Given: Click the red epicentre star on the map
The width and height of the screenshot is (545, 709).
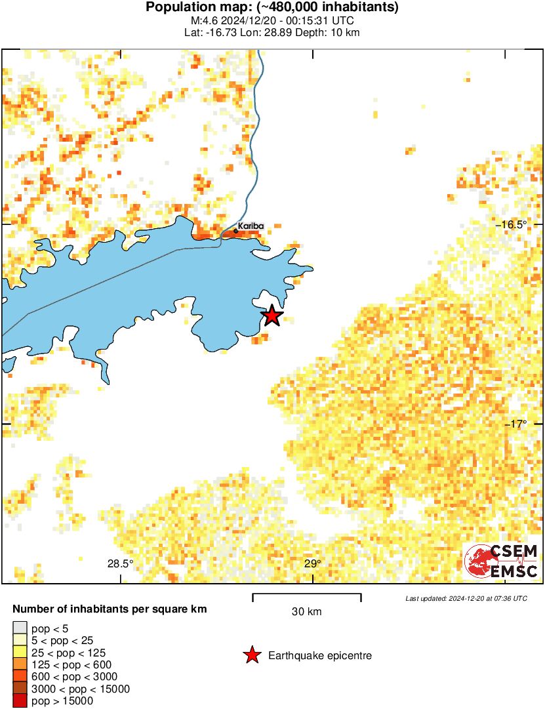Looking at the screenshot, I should pyautogui.click(x=272, y=316).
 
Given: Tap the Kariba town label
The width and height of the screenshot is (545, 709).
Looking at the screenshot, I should pyautogui.click(x=251, y=226).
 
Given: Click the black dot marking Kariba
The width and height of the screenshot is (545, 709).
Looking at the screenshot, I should pyautogui.click(x=236, y=230).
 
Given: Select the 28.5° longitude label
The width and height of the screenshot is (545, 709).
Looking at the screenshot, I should pyautogui.click(x=120, y=563).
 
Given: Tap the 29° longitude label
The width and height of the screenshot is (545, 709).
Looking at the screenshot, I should pyautogui.click(x=313, y=563).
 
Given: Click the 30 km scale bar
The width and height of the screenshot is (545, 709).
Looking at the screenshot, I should pyautogui.click(x=307, y=596).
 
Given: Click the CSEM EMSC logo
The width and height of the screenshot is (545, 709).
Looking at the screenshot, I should pyautogui.click(x=501, y=561).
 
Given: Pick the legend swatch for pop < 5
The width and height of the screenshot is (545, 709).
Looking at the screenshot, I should pyautogui.click(x=20, y=628).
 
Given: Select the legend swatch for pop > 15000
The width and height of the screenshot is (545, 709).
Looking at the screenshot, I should pyautogui.click(x=20, y=700).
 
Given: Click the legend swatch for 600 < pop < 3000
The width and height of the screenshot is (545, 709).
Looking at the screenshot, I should pyautogui.click(x=20, y=676).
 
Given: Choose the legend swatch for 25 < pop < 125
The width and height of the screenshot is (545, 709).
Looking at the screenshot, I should pyautogui.click(x=20, y=652).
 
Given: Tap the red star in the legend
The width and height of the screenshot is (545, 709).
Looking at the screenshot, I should pyautogui.click(x=251, y=655).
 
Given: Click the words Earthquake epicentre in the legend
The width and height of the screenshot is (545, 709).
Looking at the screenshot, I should pyautogui.click(x=320, y=655).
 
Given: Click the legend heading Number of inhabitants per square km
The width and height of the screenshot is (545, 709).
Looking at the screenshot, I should pyautogui.click(x=110, y=609).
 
